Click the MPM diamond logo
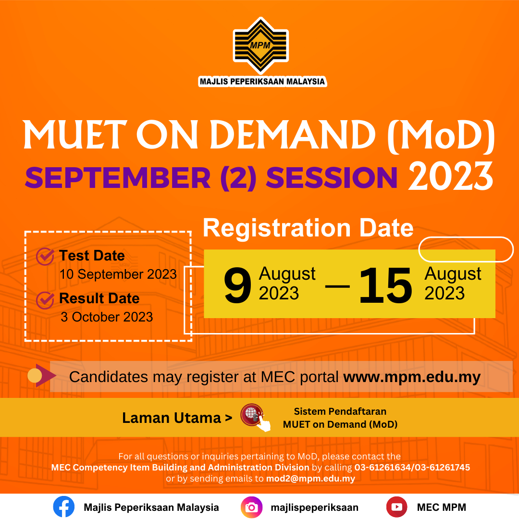click(x=261, y=46)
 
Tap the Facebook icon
click(x=64, y=507)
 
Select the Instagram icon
click(x=251, y=507)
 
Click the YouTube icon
click(x=396, y=507)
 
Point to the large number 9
click(x=237, y=285)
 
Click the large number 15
click(x=385, y=285)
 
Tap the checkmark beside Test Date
click(x=45, y=256)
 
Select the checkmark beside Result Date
click(x=45, y=300)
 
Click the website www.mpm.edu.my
click(x=412, y=377)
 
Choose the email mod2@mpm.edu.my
click(x=310, y=479)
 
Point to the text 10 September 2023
click(x=118, y=274)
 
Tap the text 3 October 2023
click(x=107, y=317)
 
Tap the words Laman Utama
click(x=172, y=418)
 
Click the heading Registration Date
click(x=308, y=228)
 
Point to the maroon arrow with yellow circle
click(x=42, y=375)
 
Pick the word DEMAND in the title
click(x=293, y=135)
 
